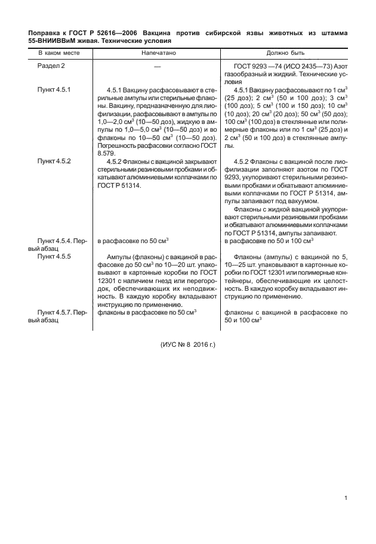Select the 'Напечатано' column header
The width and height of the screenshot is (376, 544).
click(159, 53)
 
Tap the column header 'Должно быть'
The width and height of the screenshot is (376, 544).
click(285, 53)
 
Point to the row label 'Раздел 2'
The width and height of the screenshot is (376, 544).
click(51, 65)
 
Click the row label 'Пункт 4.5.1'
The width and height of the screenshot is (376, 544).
click(54, 89)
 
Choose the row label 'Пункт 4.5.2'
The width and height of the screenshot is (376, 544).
click(54, 161)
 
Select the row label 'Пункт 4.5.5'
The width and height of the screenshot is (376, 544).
click(54, 256)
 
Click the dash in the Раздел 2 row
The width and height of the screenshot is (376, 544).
click(158, 66)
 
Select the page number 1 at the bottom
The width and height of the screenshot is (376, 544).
click(346, 499)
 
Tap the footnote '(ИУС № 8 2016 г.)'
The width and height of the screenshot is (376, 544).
click(187, 345)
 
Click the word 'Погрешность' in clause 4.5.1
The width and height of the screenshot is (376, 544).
click(118, 145)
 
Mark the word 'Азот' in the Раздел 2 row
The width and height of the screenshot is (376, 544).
click(339, 65)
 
